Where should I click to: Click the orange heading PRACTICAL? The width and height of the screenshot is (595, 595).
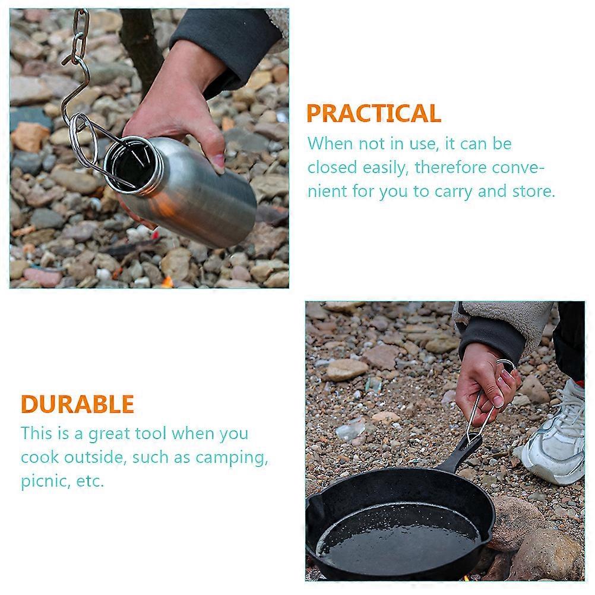374,113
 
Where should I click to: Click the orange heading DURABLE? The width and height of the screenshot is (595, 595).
77,404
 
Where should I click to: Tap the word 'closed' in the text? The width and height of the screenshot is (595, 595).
332,167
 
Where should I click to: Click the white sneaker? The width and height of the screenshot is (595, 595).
556,436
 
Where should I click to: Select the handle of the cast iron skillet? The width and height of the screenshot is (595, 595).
461,455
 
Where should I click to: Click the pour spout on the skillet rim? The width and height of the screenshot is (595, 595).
315,507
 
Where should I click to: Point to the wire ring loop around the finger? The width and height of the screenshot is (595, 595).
507,366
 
